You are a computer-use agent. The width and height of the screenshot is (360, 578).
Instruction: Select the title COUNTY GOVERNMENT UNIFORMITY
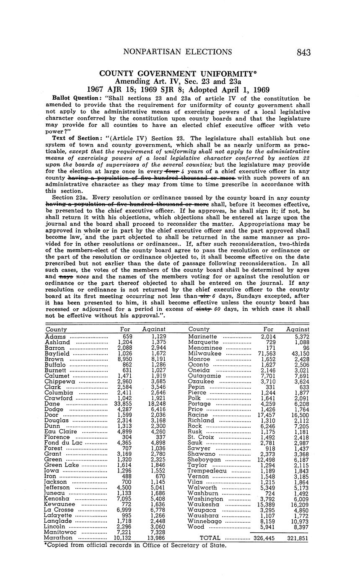(178, 73)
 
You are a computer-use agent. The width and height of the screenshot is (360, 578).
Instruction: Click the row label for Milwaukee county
(205, 354)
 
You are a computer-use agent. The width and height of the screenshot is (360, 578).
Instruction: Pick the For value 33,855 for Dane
(123, 404)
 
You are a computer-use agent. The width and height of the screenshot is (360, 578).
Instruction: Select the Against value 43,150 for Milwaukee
(298, 354)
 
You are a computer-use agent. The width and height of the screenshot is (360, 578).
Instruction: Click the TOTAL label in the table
(211, 538)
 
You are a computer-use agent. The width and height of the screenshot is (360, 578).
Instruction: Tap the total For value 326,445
(264, 538)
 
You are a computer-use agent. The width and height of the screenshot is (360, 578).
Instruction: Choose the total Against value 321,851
(298, 538)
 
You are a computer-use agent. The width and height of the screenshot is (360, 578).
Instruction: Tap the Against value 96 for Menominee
(304, 348)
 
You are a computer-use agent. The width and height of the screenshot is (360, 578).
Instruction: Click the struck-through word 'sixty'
(203, 309)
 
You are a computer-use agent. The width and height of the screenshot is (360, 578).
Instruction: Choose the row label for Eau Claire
(60, 431)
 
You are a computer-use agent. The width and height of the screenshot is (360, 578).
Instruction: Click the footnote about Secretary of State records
(135, 545)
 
